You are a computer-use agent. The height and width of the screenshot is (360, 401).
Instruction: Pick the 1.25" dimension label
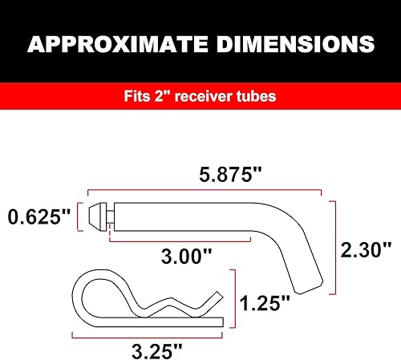point(265,302)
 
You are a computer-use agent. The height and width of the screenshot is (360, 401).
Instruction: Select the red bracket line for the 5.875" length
point(200,193)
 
